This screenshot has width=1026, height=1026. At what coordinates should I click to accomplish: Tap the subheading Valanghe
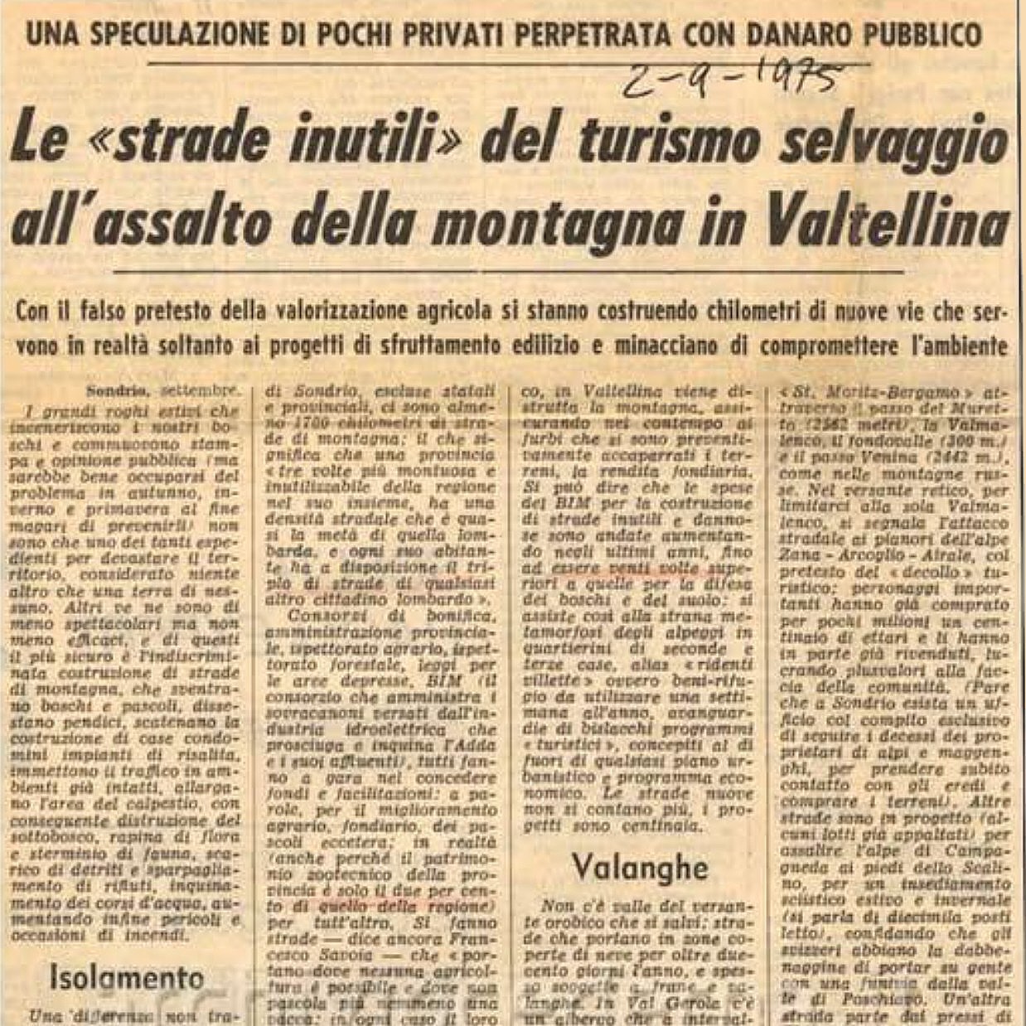(x=639, y=867)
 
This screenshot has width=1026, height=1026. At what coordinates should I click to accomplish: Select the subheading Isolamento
(x=127, y=977)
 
